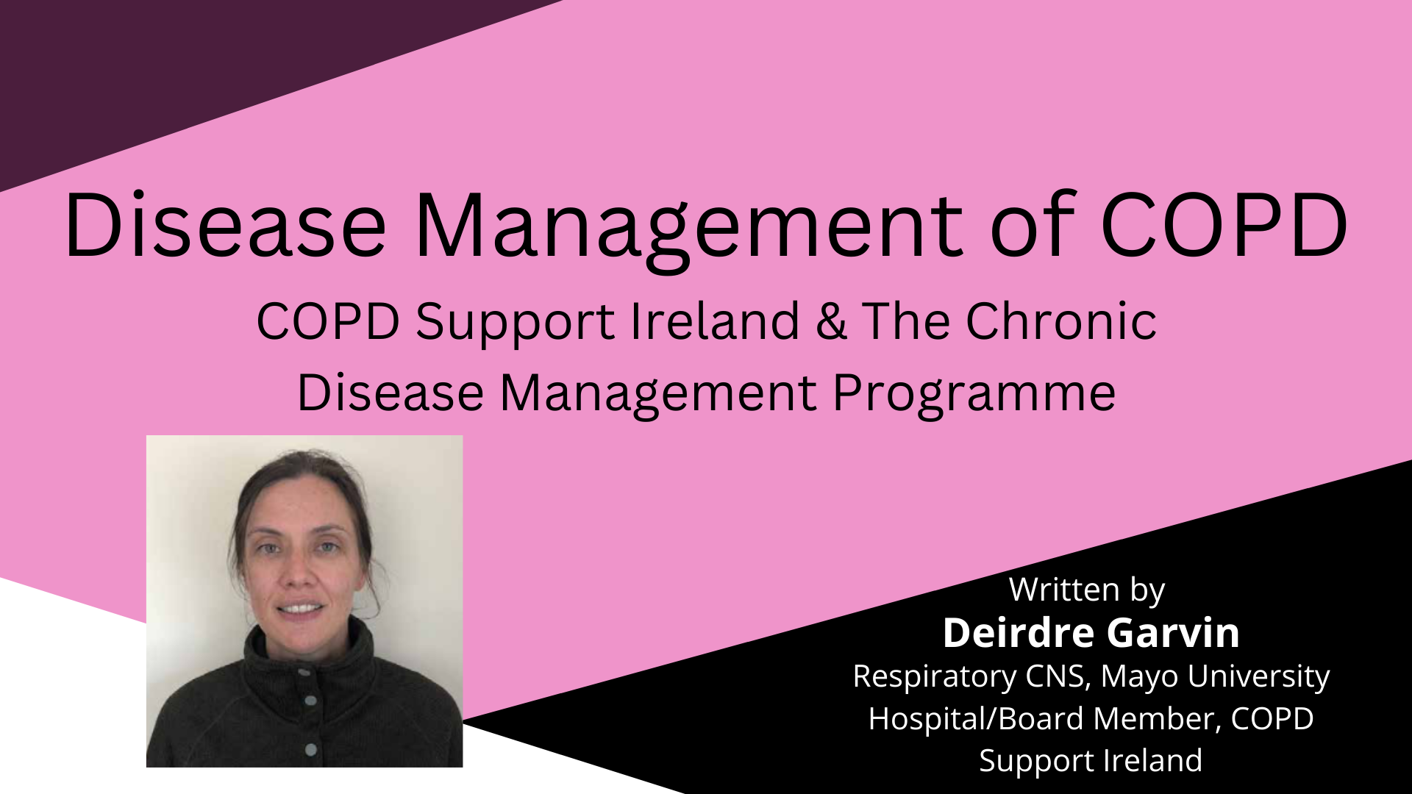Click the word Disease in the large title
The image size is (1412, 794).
(x=225, y=224)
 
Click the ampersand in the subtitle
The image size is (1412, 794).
(x=831, y=321)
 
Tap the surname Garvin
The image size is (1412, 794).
(x=1174, y=633)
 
